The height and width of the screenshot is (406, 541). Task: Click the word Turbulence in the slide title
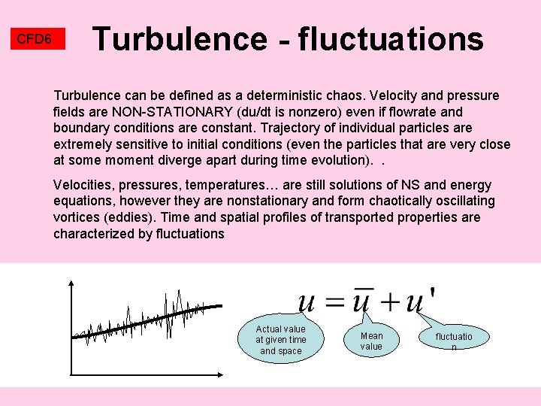tap(178, 39)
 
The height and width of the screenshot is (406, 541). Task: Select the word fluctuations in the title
tap(391, 39)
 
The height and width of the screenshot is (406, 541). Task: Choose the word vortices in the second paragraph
tap(77, 217)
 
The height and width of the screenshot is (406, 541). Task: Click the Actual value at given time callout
tap(280, 340)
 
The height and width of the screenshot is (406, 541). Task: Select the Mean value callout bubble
tap(371, 341)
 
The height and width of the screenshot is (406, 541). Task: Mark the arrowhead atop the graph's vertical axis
tap(71, 283)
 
